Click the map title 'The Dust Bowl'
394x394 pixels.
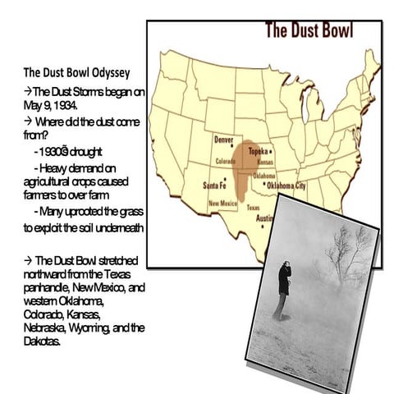coord(309,32)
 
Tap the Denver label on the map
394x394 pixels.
coord(223,140)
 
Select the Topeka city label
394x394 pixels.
coord(259,152)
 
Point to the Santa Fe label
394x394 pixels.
coord(215,186)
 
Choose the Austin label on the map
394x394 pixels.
coord(265,219)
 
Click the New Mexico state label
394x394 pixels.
coord(222,203)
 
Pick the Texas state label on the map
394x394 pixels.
coord(254,208)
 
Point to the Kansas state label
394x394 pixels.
coord(265,163)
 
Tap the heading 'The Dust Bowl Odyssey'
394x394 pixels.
coord(71,72)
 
